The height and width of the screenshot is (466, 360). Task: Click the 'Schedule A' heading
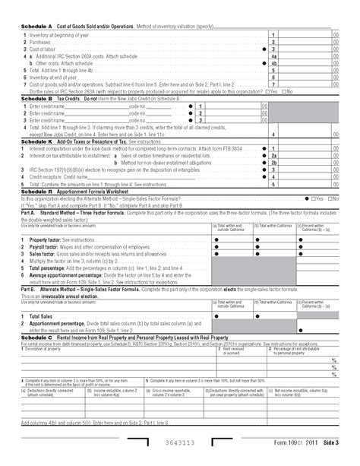36,27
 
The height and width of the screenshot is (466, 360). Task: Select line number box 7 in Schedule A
273,84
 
